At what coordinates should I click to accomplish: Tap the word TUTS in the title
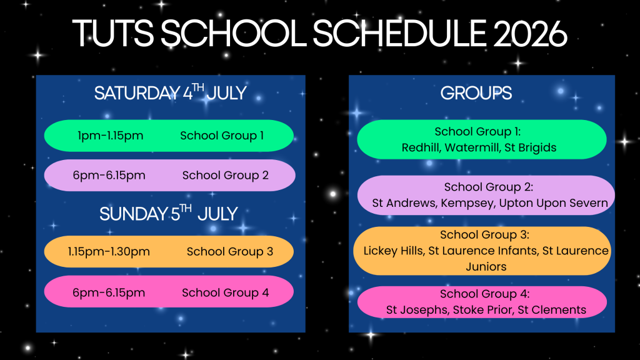click(113, 34)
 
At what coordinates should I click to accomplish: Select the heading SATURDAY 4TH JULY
click(170, 92)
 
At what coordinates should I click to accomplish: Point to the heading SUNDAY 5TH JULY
click(169, 213)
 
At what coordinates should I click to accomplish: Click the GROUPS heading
click(476, 93)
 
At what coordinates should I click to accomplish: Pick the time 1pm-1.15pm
click(110, 136)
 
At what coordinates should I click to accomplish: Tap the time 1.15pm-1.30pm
click(109, 251)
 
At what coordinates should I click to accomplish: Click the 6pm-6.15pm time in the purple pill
click(109, 176)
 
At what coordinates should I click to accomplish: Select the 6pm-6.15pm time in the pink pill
click(109, 292)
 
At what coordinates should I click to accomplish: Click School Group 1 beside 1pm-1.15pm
click(222, 136)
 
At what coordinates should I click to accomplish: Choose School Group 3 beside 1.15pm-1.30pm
click(230, 251)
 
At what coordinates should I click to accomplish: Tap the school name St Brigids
click(530, 147)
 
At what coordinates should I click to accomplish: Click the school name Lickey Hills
click(394, 251)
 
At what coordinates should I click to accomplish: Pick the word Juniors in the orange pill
click(486, 266)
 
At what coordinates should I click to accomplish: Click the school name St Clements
click(552, 310)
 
